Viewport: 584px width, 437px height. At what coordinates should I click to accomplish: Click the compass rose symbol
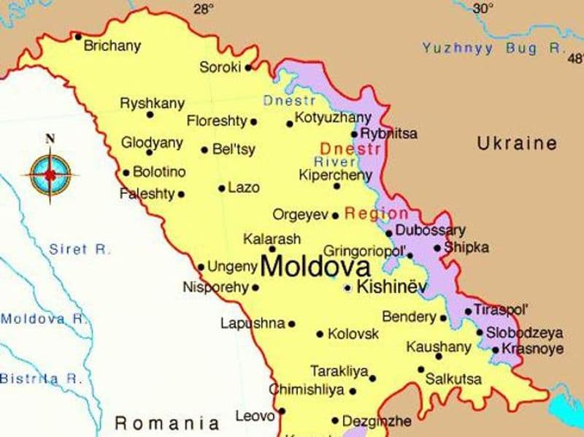[x=50, y=173]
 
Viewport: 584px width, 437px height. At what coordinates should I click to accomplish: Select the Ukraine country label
[x=517, y=143]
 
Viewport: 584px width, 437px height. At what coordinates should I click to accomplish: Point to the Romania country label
[x=167, y=422]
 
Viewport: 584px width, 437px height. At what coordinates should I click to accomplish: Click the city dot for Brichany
[x=78, y=36]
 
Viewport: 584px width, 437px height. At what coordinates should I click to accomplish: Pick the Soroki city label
[x=220, y=67]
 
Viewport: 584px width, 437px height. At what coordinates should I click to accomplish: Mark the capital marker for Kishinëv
[x=348, y=288]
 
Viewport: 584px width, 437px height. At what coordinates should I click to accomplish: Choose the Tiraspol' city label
[x=501, y=309]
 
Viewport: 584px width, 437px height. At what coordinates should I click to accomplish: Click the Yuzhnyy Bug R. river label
[x=494, y=48]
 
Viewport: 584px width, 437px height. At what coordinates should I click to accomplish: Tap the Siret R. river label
[x=80, y=249]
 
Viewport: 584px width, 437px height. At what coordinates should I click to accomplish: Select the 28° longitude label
[x=204, y=9]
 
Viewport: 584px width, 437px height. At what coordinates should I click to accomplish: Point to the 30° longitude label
[x=482, y=8]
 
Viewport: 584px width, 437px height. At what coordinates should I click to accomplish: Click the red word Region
[x=376, y=213]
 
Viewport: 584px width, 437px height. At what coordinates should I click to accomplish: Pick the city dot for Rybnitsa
[x=355, y=134]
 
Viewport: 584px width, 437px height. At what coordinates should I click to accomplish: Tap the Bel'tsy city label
[x=234, y=150]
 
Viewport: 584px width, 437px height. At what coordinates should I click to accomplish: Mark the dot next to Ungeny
[x=201, y=267]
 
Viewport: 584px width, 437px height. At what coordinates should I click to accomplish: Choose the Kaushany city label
[x=439, y=346]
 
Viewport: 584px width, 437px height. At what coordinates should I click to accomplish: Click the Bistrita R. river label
[x=40, y=379]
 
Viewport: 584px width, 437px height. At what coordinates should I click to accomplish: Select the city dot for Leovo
[x=282, y=411]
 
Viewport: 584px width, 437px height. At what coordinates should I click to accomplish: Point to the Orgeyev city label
[x=300, y=215]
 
